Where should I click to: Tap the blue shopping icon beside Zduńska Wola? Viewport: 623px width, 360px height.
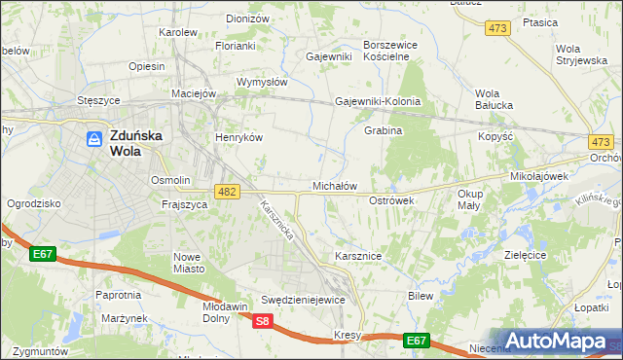click(94, 139)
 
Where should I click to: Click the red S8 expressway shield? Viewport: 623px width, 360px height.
click(261, 321)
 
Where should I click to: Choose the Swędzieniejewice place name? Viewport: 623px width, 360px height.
click(303, 300)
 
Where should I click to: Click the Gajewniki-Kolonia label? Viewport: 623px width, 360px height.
click(378, 101)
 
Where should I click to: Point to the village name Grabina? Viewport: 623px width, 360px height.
click(384, 130)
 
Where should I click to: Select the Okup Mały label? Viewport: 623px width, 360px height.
click(469, 199)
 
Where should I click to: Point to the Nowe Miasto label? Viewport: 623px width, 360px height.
click(187, 262)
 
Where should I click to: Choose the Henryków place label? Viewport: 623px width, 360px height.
click(239, 137)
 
